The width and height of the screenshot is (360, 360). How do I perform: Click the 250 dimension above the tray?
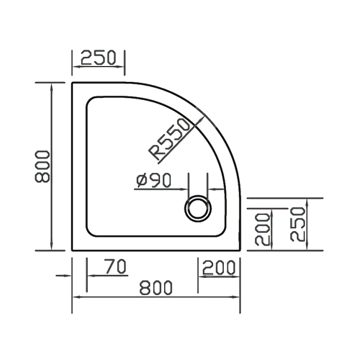click(x=99, y=58)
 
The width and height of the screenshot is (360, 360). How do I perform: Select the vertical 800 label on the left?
click(x=42, y=166)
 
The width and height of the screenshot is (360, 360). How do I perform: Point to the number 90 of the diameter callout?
click(x=162, y=180)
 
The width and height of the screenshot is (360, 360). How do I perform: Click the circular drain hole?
click(x=198, y=208)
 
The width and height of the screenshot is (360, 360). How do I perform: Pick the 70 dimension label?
click(x=116, y=267)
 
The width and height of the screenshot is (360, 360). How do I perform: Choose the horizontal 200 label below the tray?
click(x=219, y=268)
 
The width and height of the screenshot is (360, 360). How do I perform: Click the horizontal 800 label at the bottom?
click(x=156, y=287)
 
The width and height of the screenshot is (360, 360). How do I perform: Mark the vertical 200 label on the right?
click(x=263, y=230)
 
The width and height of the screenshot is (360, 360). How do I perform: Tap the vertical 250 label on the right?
click(x=297, y=224)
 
